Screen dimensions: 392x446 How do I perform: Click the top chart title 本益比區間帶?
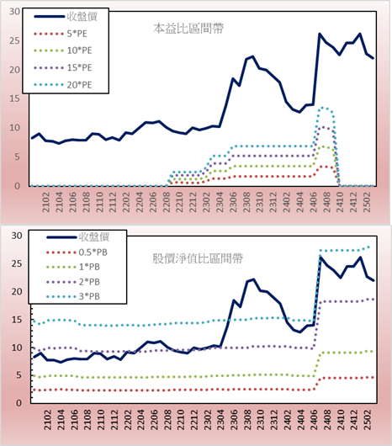[188, 29]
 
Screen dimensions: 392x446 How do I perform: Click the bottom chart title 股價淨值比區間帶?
[198, 259]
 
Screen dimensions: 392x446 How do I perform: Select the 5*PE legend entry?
[61, 34]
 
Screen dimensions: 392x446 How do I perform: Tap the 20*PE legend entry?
[63, 85]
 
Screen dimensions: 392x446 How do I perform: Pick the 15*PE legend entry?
[63, 67]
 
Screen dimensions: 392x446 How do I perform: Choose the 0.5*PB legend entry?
[77, 252]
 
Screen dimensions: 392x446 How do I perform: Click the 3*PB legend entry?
[73, 296]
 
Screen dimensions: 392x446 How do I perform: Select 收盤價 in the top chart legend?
[66, 17]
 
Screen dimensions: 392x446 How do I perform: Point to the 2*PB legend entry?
[73, 282]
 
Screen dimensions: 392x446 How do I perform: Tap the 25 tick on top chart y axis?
[15, 40]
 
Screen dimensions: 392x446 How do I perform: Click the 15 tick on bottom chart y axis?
[17, 320]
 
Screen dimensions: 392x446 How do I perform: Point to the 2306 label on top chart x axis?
[233, 202]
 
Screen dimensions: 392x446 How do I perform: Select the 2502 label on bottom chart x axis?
[368, 420]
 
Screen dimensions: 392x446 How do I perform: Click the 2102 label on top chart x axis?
[46, 202]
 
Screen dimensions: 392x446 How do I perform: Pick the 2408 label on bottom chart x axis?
[328, 420]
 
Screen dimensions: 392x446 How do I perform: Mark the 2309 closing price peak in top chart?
[252, 56]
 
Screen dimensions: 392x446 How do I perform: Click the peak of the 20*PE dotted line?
[323, 108]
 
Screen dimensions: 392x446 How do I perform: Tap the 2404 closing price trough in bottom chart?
[299, 332]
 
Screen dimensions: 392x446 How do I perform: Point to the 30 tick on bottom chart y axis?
[17, 236]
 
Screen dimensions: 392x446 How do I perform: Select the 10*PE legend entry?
[63, 50]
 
